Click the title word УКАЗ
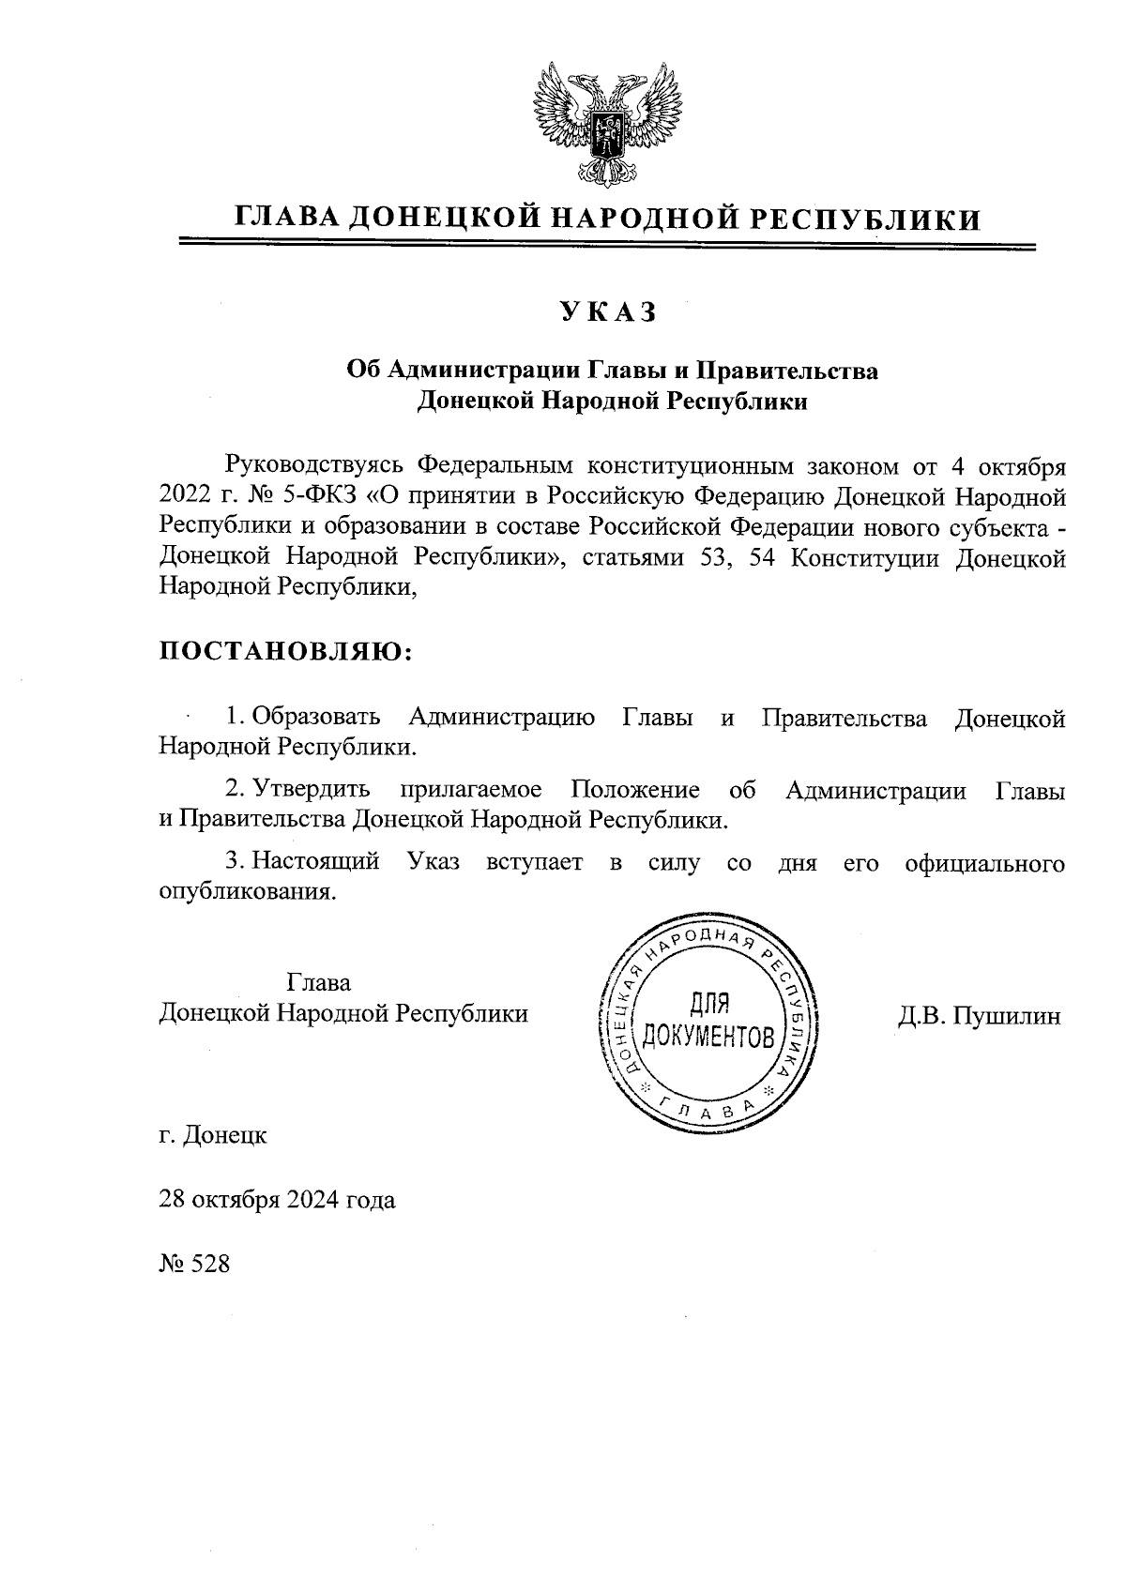(x=609, y=312)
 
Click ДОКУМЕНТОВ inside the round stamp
(x=708, y=1037)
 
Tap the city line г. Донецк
(x=213, y=1136)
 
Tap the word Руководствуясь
(x=313, y=465)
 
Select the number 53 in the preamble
(x=709, y=560)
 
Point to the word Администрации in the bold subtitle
(x=473, y=371)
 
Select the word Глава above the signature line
(x=319, y=983)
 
